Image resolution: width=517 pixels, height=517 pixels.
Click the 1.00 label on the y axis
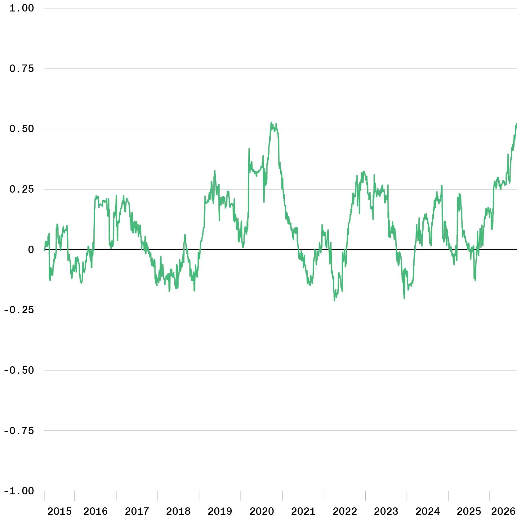(22, 8)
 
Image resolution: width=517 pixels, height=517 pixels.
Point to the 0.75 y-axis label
(22, 69)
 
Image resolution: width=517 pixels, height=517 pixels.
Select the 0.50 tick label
(22, 129)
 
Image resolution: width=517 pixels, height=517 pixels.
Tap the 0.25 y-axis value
(22, 189)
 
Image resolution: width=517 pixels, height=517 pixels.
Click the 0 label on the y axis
(31, 249)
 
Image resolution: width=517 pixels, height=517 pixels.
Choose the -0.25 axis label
(19, 310)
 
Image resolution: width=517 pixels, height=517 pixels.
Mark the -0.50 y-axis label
(19, 370)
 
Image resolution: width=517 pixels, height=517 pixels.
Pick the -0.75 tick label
(19, 430)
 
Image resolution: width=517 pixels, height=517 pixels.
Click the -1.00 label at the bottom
(19, 491)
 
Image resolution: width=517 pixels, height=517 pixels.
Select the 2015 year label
(59, 511)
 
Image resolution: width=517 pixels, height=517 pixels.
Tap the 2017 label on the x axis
(137, 511)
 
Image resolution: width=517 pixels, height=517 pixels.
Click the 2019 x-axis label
(220, 511)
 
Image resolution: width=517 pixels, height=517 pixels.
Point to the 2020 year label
(262, 511)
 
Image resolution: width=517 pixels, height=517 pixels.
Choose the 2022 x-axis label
(345, 511)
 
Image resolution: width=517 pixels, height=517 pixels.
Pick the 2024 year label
(428, 511)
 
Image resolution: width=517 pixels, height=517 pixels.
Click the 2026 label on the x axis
(503, 511)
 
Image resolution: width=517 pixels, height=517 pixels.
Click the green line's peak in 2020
(271, 123)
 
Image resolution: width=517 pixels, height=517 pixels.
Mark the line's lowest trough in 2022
(334, 300)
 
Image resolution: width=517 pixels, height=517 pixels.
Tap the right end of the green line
(516, 124)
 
